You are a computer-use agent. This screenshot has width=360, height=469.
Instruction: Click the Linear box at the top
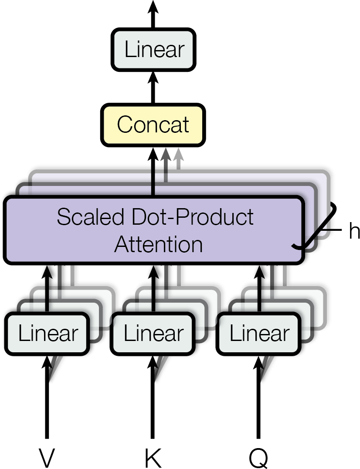click(x=153, y=50)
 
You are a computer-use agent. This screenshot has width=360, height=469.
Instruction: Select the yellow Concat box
click(x=153, y=125)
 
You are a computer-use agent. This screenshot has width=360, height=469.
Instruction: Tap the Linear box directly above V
click(x=48, y=334)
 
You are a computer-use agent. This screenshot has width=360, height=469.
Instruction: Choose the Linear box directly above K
click(x=154, y=334)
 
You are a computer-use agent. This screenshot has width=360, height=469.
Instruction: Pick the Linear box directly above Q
click(x=259, y=334)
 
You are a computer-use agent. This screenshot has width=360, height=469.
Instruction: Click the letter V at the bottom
click(x=48, y=457)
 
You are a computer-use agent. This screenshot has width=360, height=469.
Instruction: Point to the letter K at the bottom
click(x=153, y=457)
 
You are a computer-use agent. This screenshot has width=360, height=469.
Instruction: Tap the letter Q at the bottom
click(x=259, y=457)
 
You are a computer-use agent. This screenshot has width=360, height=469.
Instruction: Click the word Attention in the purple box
click(x=158, y=244)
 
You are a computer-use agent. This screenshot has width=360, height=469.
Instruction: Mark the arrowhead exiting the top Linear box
click(x=153, y=7)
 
